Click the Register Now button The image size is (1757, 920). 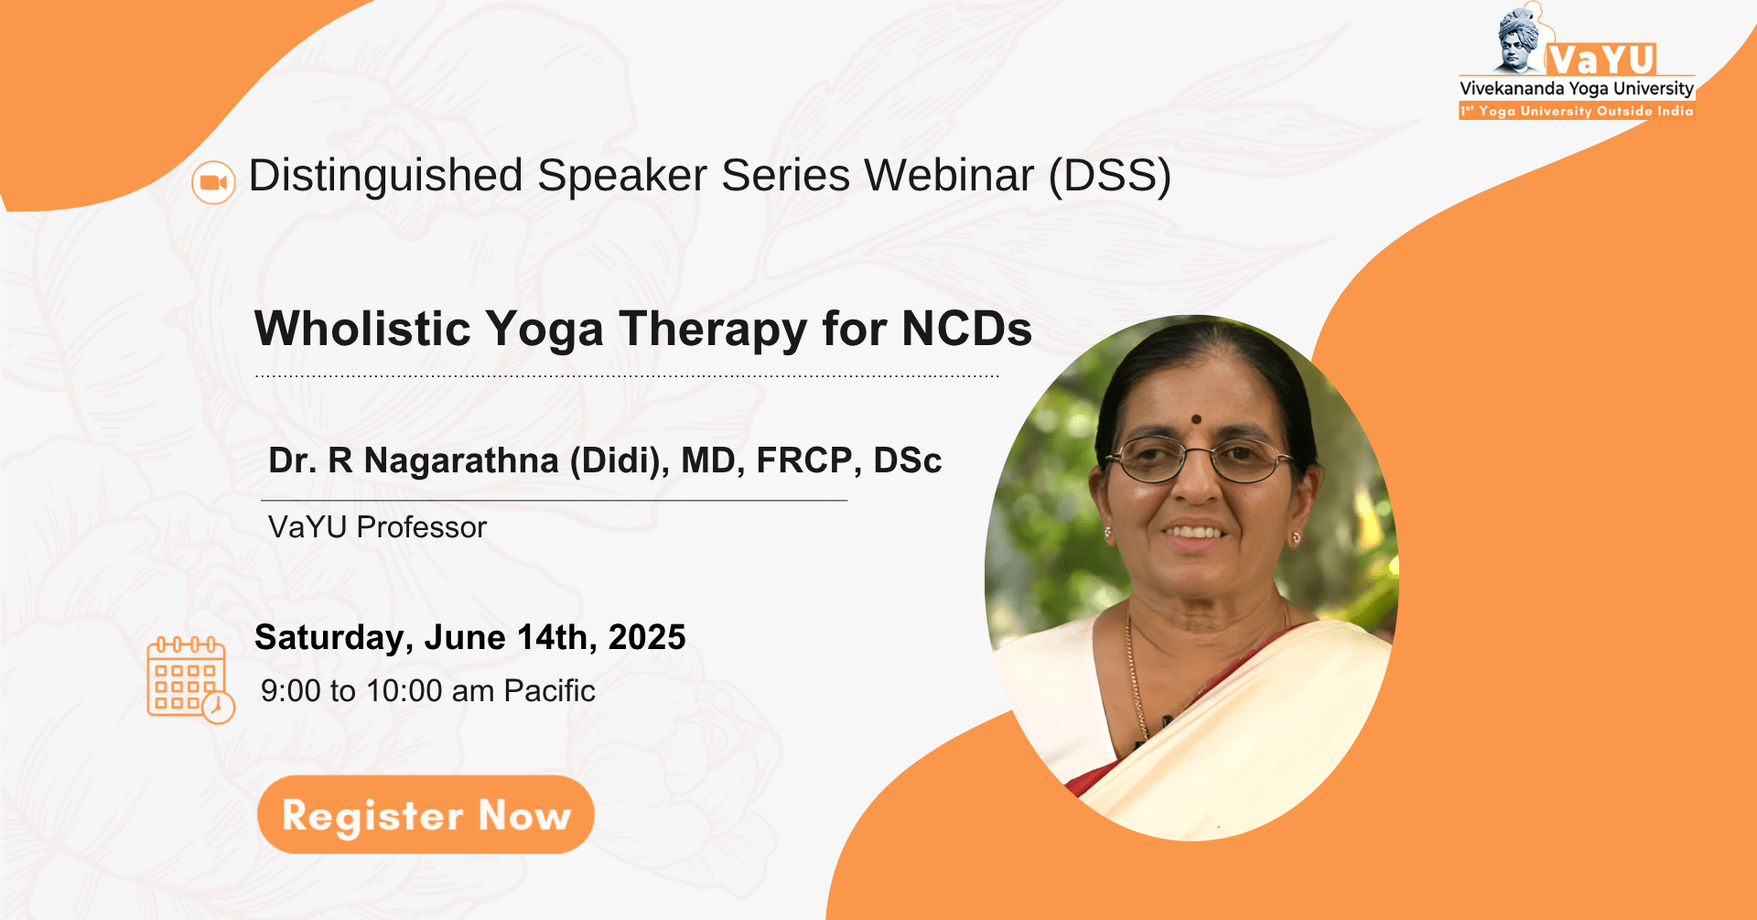point(426,815)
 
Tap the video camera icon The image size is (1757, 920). point(213,182)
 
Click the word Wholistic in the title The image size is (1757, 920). point(364,329)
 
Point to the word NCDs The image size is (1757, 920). point(967,329)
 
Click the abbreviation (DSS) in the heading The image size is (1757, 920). point(1110,176)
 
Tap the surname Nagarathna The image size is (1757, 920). point(461,460)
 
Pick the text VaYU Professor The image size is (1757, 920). point(377,527)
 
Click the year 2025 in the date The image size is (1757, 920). point(647,637)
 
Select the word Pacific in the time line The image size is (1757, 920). point(549,691)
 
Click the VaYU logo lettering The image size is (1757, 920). point(1601,60)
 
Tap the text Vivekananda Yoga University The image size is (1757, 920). point(1577,89)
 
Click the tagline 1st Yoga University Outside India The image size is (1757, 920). point(1577,111)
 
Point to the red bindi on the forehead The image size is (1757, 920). point(1196,419)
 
